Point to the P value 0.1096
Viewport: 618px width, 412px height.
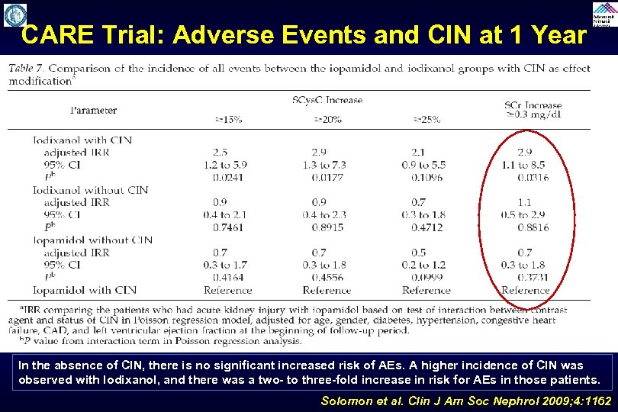point(426,177)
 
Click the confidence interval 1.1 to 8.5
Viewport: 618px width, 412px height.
point(523,165)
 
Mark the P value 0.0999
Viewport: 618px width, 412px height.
point(426,277)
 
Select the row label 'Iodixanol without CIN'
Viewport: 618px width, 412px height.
point(90,190)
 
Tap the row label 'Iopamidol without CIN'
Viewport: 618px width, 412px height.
point(92,240)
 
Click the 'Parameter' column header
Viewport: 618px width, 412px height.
point(94,110)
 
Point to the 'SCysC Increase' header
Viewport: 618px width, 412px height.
point(327,99)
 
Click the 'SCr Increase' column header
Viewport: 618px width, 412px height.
point(533,105)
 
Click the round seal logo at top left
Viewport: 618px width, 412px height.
point(14,14)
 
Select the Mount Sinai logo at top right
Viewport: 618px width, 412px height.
point(603,13)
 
